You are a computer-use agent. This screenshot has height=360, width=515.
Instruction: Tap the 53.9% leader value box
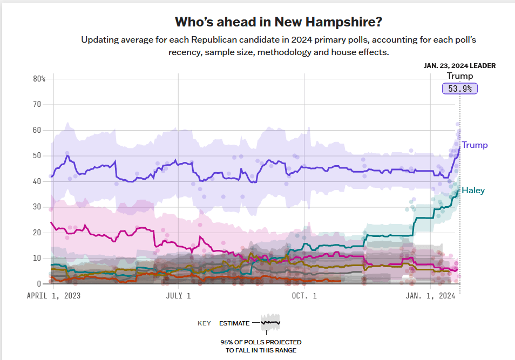pyautogui.click(x=460, y=89)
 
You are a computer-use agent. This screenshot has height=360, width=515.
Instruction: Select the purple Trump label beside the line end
pyautogui.click(x=475, y=145)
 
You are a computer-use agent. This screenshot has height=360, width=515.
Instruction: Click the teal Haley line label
pyautogui.click(x=473, y=190)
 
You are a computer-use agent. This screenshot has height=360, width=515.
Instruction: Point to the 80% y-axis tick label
pyautogui.click(x=39, y=79)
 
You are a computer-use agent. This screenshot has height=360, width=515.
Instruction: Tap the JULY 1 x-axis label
pyautogui.click(x=178, y=296)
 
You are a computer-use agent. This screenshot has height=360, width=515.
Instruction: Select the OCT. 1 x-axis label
pyautogui.click(x=304, y=296)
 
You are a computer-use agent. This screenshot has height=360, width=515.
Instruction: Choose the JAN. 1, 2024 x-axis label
pyautogui.click(x=430, y=296)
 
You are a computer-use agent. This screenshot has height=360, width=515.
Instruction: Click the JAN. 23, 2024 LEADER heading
pyautogui.click(x=459, y=66)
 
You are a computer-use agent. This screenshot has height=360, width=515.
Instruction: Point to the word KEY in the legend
pyautogui.click(x=204, y=323)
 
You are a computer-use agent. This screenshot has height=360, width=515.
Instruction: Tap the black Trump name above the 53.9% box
pyautogui.click(x=459, y=76)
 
